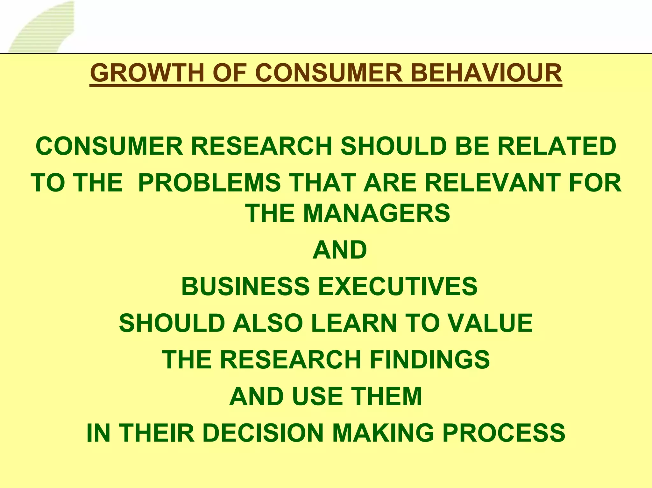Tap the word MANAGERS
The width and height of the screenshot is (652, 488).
point(377,213)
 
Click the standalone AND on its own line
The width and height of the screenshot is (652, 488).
point(340,250)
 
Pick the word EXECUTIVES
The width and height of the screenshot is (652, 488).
point(398,286)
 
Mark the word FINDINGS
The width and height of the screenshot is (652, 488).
point(429,359)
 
